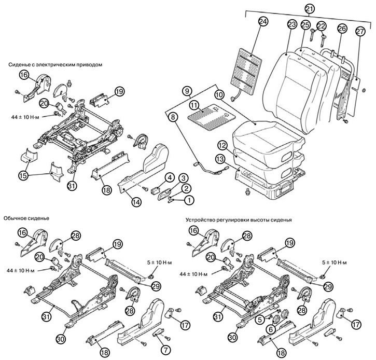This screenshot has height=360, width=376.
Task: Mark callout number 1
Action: coord(189,199)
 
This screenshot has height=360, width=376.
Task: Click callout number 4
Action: coord(170,177)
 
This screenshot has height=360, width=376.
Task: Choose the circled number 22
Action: coord(321,26)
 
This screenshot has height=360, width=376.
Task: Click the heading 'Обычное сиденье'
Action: coord(26,218)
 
